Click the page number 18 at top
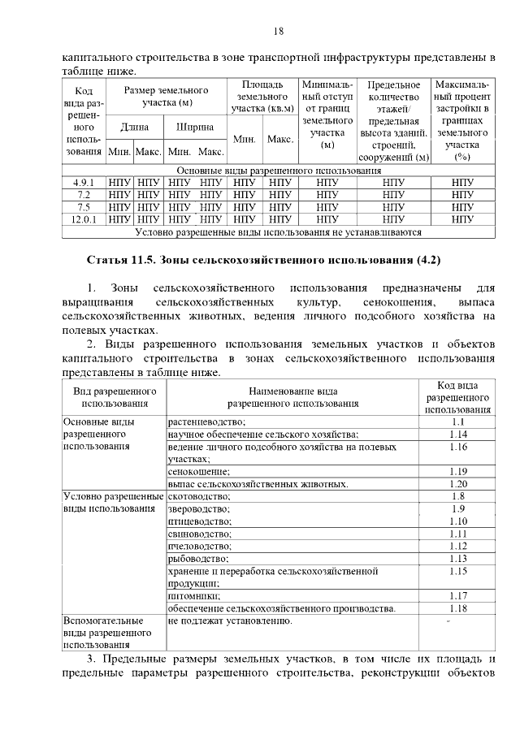278,32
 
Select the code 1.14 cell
457,435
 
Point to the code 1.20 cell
457,484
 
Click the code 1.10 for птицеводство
457,521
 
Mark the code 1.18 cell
457,608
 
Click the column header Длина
134,128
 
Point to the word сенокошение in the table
199,472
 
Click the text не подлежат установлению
229,621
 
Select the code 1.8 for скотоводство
457,496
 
